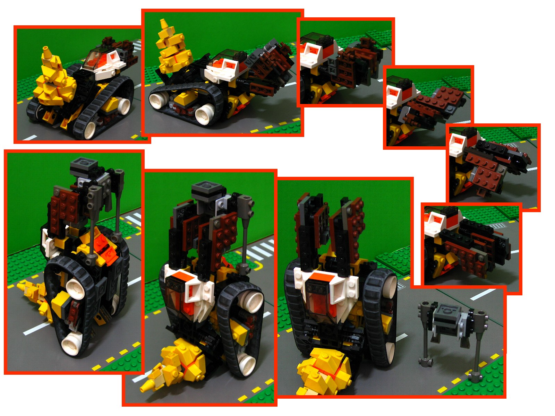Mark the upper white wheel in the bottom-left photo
click(75, 288)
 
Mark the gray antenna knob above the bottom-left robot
click(119, 172)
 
